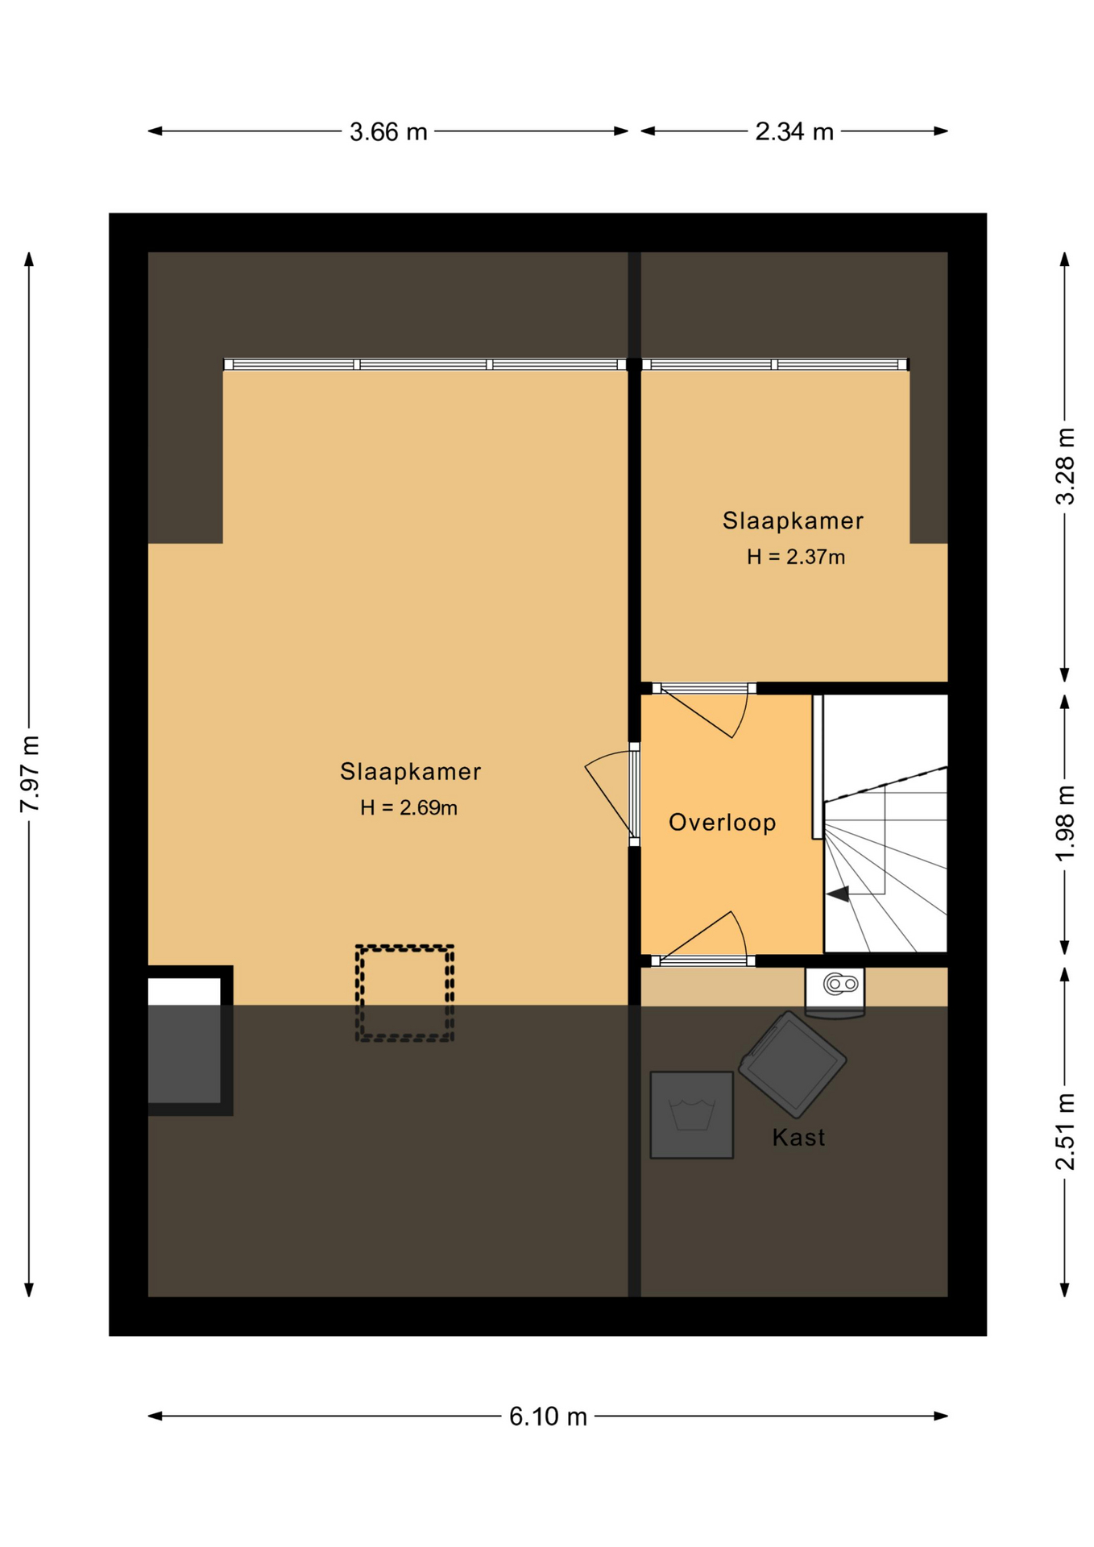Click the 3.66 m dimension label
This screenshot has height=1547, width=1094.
[387, 131]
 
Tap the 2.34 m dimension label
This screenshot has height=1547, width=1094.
[794, 131]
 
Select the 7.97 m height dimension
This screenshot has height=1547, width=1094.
[30, 773]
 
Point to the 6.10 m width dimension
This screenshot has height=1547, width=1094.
[548, 1416]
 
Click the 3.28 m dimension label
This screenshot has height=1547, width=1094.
[1065, 466]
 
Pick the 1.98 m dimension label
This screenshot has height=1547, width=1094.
[1065, 823]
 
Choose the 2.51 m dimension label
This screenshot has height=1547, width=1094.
[1065, 1131]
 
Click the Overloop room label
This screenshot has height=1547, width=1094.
[722, 822]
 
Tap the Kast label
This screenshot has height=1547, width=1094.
[798, 1137]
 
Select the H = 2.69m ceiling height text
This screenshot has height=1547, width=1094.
[408, 807]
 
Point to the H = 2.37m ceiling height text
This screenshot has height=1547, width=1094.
[795, 557]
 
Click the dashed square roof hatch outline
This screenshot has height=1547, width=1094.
[405, 947]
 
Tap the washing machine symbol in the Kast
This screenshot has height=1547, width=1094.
[691, 1115]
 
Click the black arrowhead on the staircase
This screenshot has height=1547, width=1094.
[838, 894]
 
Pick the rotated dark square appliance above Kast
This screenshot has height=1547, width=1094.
[792, 1064]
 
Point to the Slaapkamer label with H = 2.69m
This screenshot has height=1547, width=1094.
[410, 771]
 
